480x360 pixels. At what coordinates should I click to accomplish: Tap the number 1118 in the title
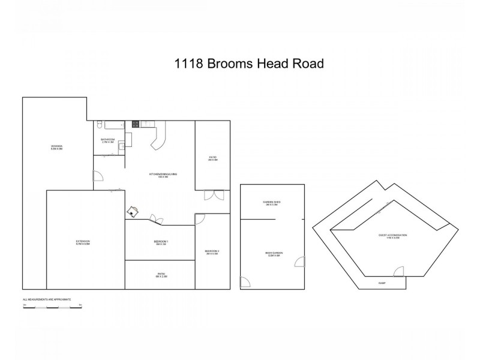(x=188, y=64)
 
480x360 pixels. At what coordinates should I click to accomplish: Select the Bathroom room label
(x=107, y=140)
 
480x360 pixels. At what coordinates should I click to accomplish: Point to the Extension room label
(x=83, y=242)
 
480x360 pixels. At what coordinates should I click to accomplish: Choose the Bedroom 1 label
(x=160, y=242)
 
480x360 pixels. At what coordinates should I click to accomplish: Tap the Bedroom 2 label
(x=212, y=252)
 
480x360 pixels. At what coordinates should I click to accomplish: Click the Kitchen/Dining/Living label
(x=163, y=175)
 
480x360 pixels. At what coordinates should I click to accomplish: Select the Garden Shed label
(x=272, y=203)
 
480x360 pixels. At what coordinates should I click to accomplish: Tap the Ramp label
(x=382, y=282)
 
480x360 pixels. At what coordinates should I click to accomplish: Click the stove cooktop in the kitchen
(x=136, y=124)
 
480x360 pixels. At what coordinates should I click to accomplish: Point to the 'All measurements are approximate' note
(x=47, y=299)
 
